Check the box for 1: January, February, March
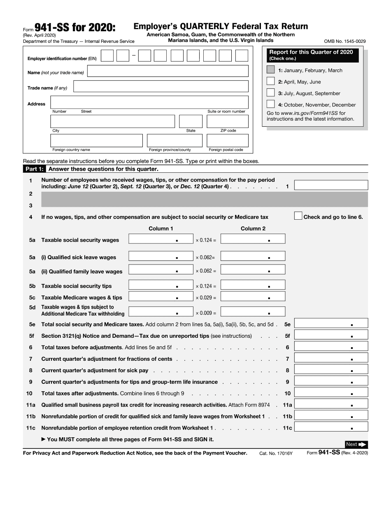tap(270, 70)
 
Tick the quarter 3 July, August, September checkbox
tap(270, 93)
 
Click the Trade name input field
tap(161, 86)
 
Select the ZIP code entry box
tap(228, 121)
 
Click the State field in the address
tap(191, 121)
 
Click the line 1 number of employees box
tap(331, 185)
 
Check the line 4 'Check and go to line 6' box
tap(298, 216)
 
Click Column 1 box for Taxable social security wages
tap(161, 239)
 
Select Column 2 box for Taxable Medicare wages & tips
tap(253, 297)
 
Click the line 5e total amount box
tap(331, 324)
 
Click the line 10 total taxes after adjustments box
tap(331, 393)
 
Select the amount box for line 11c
tap(331, 427)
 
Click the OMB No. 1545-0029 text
tap(345, 42)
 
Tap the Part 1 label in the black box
tap(34, 169)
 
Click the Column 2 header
tap(253, 228)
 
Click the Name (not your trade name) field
tap(168, 71)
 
